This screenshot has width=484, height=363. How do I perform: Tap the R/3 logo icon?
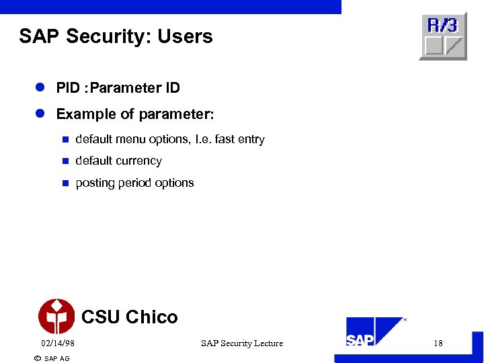[x=443, y=36]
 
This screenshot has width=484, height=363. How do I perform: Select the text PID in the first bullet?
[x=67, y=88]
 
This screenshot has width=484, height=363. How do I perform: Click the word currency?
[x=138, y=161]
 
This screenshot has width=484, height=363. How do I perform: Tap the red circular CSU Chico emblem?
[x=56, y=317]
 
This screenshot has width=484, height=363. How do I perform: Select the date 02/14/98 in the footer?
[x=57, y=344]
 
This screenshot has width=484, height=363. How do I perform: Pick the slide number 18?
[x=438, y=344]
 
